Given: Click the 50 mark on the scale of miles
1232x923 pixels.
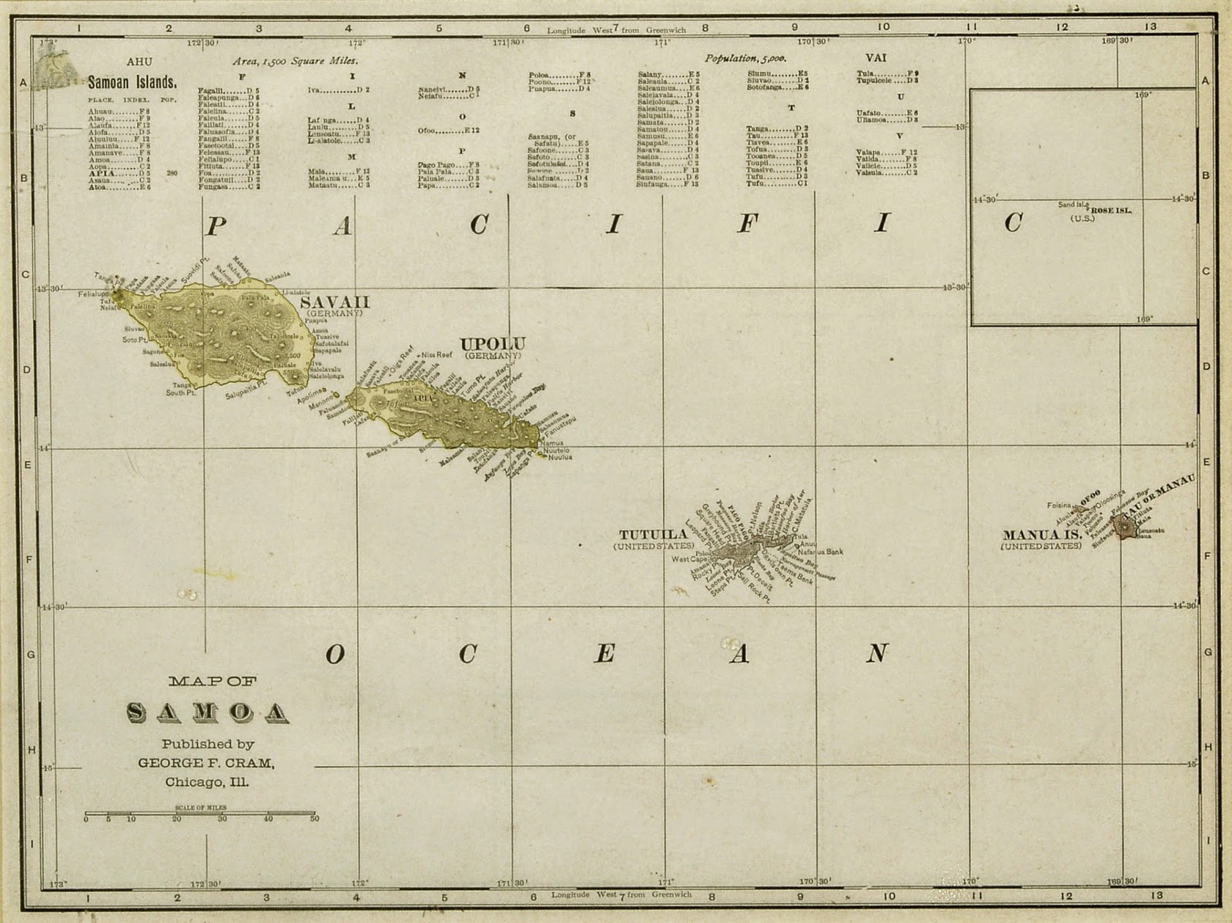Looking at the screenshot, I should point(313,819).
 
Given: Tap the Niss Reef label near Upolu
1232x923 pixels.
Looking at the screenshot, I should point(437,355).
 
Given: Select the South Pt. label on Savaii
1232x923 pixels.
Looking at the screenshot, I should point(178,393).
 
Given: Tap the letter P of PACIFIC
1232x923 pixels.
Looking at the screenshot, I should point(216,226).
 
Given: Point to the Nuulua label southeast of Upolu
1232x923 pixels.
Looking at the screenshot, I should point(560,457).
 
